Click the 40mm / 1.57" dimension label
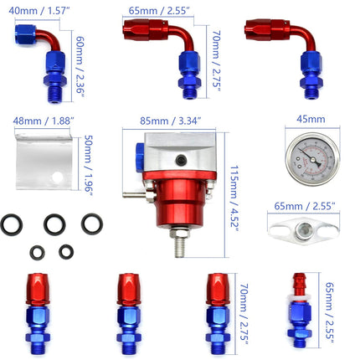click(40, 11)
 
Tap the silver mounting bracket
click(41, 159)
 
